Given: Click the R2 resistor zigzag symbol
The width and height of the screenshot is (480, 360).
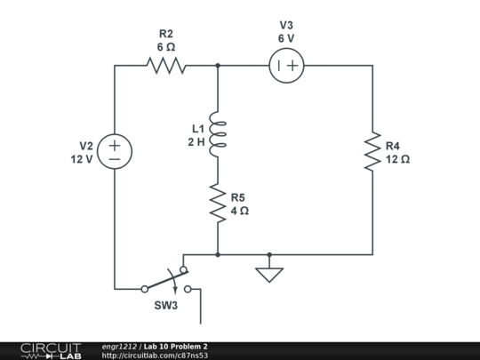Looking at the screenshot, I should coord(166,65).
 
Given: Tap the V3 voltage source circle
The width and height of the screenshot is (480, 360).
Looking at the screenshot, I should coord(286,65).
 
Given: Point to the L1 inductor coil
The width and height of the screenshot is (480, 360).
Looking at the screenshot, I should coord(218,133).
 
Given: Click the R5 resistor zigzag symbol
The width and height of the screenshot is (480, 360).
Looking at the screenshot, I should coord(218,204).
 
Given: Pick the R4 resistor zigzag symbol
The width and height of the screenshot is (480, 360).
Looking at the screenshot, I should coord(372,153).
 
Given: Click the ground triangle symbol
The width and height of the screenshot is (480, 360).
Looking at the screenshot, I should coord(268,274).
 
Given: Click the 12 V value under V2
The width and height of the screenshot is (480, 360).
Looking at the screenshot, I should coord(82,159).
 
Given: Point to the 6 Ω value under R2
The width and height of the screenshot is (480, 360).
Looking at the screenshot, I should coord(166,46).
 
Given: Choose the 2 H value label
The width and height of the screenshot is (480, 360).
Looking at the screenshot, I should coord(196,141).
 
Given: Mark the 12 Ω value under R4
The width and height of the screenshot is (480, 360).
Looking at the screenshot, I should coord(397,160).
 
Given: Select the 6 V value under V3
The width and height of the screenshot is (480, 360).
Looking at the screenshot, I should coord(286,38).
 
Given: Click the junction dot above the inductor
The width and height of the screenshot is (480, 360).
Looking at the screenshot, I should coord(218,65).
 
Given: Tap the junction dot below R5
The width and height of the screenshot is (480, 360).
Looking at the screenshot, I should coord(218,254).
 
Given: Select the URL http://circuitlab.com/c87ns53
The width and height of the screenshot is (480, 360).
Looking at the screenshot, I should coord(155,356).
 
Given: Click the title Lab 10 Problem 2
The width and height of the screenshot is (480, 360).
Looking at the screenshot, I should coord(175,346).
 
